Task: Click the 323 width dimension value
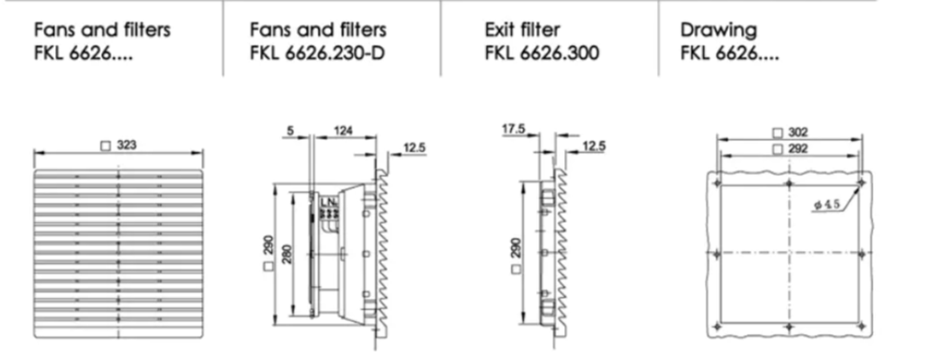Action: [127, 145]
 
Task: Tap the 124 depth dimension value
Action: [343, 130]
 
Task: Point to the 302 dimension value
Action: [798, 133]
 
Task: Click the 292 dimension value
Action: [798, 149]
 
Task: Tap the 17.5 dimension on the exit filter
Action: [513, 129]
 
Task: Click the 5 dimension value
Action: [290, 130]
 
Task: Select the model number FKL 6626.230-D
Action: [317, 53]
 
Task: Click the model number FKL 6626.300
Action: [541, 53]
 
